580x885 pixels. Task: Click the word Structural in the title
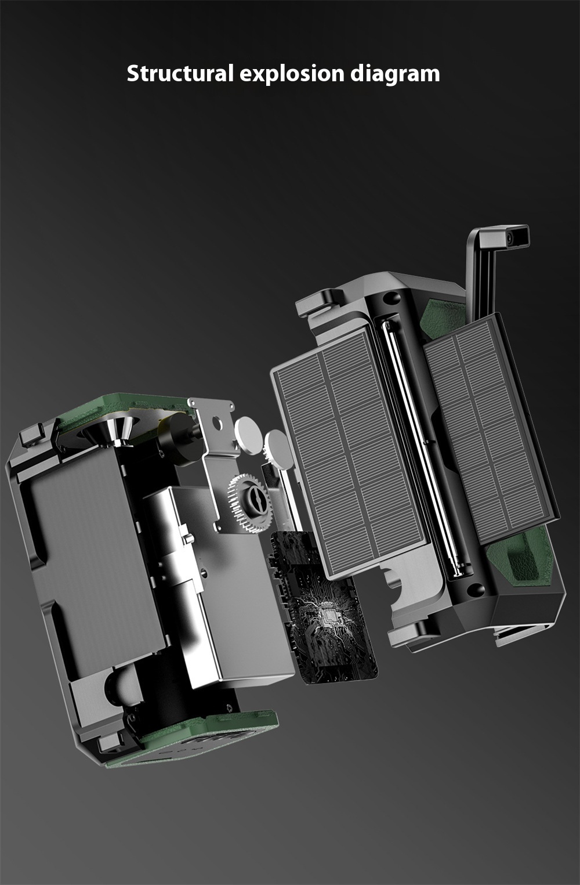tap(180, 74)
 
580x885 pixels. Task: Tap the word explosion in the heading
tap(292, 74)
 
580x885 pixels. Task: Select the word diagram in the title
tap(395, 74)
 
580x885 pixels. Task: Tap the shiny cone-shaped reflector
tap(107, 431)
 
